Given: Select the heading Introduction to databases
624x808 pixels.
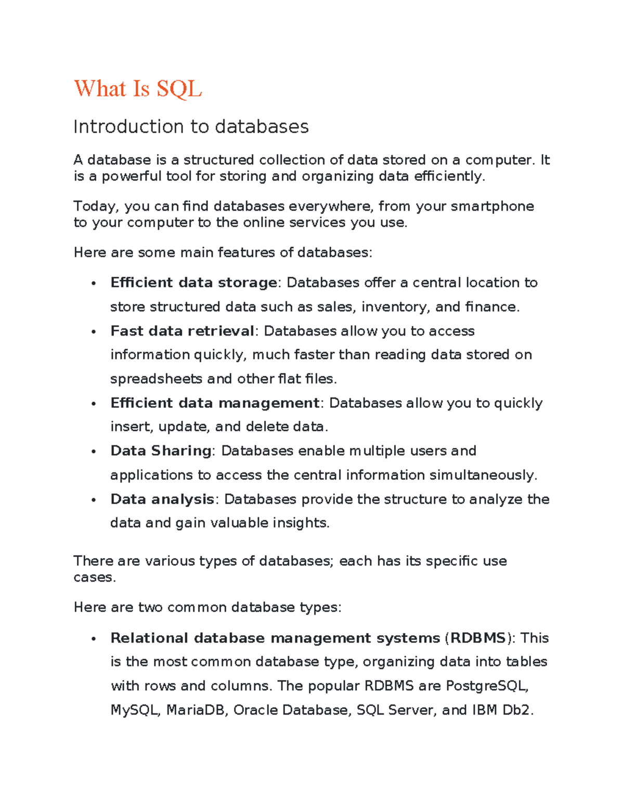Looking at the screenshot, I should coord(191,126).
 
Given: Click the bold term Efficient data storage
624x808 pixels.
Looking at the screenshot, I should coord(193,283).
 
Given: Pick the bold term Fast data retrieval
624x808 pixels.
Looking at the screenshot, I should coord(182,331).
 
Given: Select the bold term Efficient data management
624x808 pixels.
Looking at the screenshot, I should coord(215,403).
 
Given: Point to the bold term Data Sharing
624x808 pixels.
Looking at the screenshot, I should coord(161,451).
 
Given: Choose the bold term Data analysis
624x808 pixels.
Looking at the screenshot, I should coord(162,499).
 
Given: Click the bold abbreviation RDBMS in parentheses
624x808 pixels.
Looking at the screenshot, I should coord(478,638).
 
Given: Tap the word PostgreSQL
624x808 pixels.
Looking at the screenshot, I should coord(487,686).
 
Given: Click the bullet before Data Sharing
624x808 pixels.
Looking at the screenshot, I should coord(94,452).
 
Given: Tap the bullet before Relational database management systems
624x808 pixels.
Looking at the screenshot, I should coord(94,639).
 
